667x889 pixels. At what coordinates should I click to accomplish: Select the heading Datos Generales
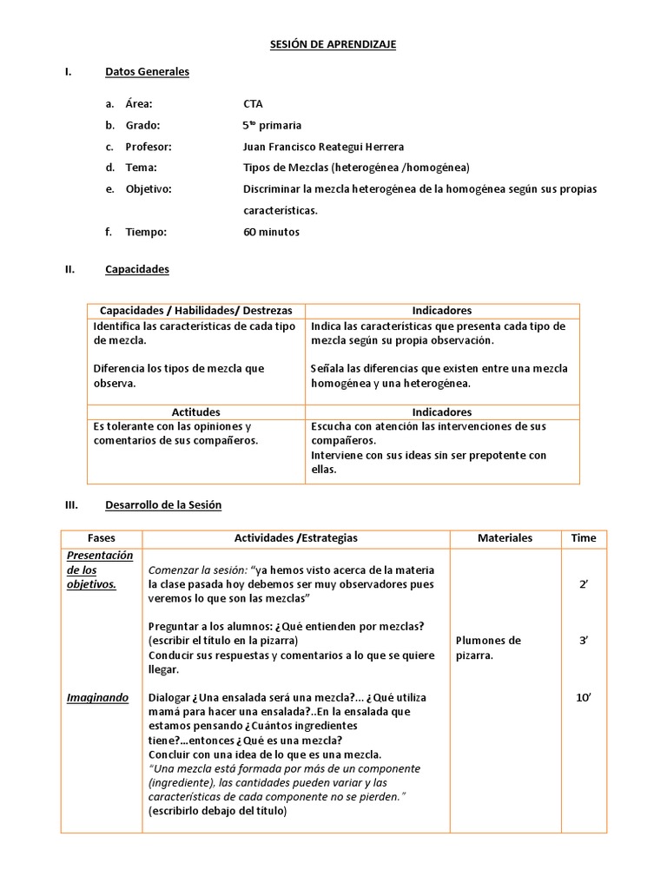coord(147,72)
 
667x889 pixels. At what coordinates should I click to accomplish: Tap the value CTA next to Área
coord(253,103)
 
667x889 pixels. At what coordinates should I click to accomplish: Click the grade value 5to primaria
coord(273,125)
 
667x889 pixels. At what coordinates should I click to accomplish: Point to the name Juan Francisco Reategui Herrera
coord(324,147)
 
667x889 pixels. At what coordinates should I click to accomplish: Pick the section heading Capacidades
coord(137,269)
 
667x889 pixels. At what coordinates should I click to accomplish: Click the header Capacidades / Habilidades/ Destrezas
coord(196,310)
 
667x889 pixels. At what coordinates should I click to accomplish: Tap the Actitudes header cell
coord(196,412)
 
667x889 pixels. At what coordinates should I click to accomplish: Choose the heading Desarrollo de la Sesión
coord(163,504)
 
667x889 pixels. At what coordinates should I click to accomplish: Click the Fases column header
coord(102,538)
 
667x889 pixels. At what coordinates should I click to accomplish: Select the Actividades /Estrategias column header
coord(296,538)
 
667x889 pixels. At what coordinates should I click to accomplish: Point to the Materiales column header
coord(505,538)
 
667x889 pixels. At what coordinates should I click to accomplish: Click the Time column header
coord(584,538)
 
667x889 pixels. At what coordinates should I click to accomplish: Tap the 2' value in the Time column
coord(584,585)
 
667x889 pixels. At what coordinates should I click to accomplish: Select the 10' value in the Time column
coord(584,697)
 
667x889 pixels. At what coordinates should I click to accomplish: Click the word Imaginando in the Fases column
coord(97,697)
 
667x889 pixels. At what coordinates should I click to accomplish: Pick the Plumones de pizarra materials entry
coord(488,648)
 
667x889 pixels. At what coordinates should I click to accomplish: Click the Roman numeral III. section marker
coord(72,504)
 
